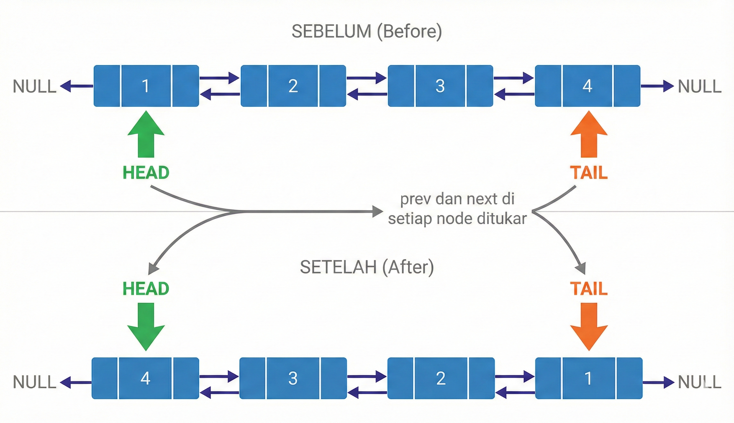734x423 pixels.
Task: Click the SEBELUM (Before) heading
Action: (x=366, y=31)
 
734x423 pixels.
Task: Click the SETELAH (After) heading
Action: (x=366, y=267)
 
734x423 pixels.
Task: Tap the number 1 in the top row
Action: (x=145, y=86)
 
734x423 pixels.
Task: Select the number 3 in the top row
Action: (x=440, y=86)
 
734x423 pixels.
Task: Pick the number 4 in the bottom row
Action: (x=145, y=378)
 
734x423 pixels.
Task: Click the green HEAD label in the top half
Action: (x=146, y=173)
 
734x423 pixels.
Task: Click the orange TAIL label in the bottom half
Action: (x=589, y=288)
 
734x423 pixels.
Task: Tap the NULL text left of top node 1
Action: (x=34, y=87)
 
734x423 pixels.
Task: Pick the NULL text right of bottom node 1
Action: (x=699, y=382)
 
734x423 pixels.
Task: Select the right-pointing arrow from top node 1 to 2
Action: (x=220, y=78)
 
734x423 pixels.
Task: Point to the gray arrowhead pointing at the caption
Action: (x=378, y=211)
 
